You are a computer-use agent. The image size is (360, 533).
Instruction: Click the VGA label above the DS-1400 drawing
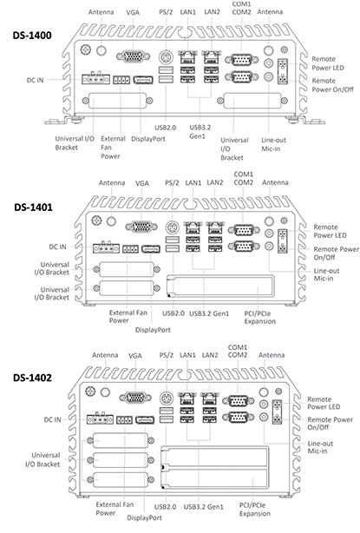point(132,14)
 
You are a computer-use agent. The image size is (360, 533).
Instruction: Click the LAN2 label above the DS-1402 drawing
point(210,356)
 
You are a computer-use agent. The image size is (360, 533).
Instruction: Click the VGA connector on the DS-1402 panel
point(134,399)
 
